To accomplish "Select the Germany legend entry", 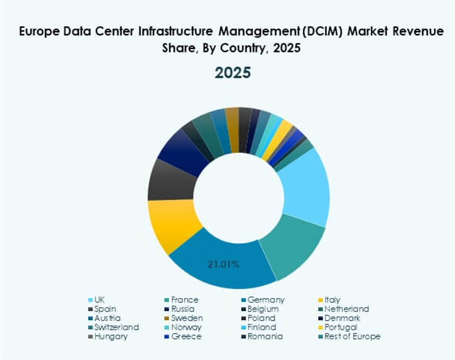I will click(x=266, y=300).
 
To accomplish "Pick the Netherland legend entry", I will click(x=347, y=309).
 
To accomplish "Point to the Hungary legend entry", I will click(x=110, y=336).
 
